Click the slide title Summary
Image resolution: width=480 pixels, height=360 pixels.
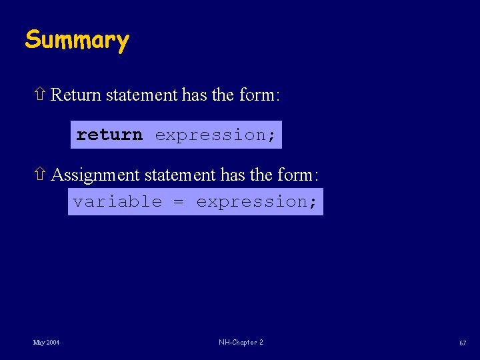(x=77, y=40)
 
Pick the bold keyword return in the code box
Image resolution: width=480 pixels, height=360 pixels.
(x=109, y=135)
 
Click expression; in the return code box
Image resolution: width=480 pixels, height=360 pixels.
(x=215, y=135)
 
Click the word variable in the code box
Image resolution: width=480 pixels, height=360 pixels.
(x=117, y=201)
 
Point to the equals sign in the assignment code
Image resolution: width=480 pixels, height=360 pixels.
(x=179, y=201)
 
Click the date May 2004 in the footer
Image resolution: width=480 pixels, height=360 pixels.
(x=46, y=343)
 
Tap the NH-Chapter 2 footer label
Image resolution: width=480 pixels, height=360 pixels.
(x=241, y=343)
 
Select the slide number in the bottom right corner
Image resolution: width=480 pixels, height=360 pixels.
(x=462, y=343)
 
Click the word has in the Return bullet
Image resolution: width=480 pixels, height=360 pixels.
(x=194, y=95)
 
